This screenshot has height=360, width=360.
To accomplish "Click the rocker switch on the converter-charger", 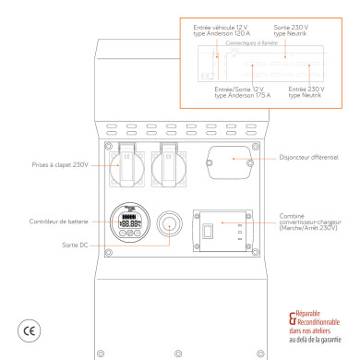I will pyautogui.click(x=210, y=229).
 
